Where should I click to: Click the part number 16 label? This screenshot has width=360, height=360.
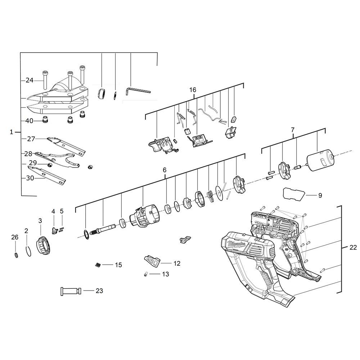click(x=193, y=90)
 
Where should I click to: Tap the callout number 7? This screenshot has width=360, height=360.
click(x=293, y=129)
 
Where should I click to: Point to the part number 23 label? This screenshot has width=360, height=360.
click(x=99, y=291)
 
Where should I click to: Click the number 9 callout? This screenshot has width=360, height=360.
click(x=320, y=195)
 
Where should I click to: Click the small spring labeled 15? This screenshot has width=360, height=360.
click(x=97, y=265)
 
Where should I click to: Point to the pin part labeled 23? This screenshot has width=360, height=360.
click(x=71, y=291)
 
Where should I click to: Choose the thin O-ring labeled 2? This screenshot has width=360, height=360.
click(x=27, y=251)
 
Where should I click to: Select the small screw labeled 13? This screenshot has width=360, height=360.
click(x=146, y=274)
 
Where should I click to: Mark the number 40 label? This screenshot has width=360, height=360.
click(x=29, y=121)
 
